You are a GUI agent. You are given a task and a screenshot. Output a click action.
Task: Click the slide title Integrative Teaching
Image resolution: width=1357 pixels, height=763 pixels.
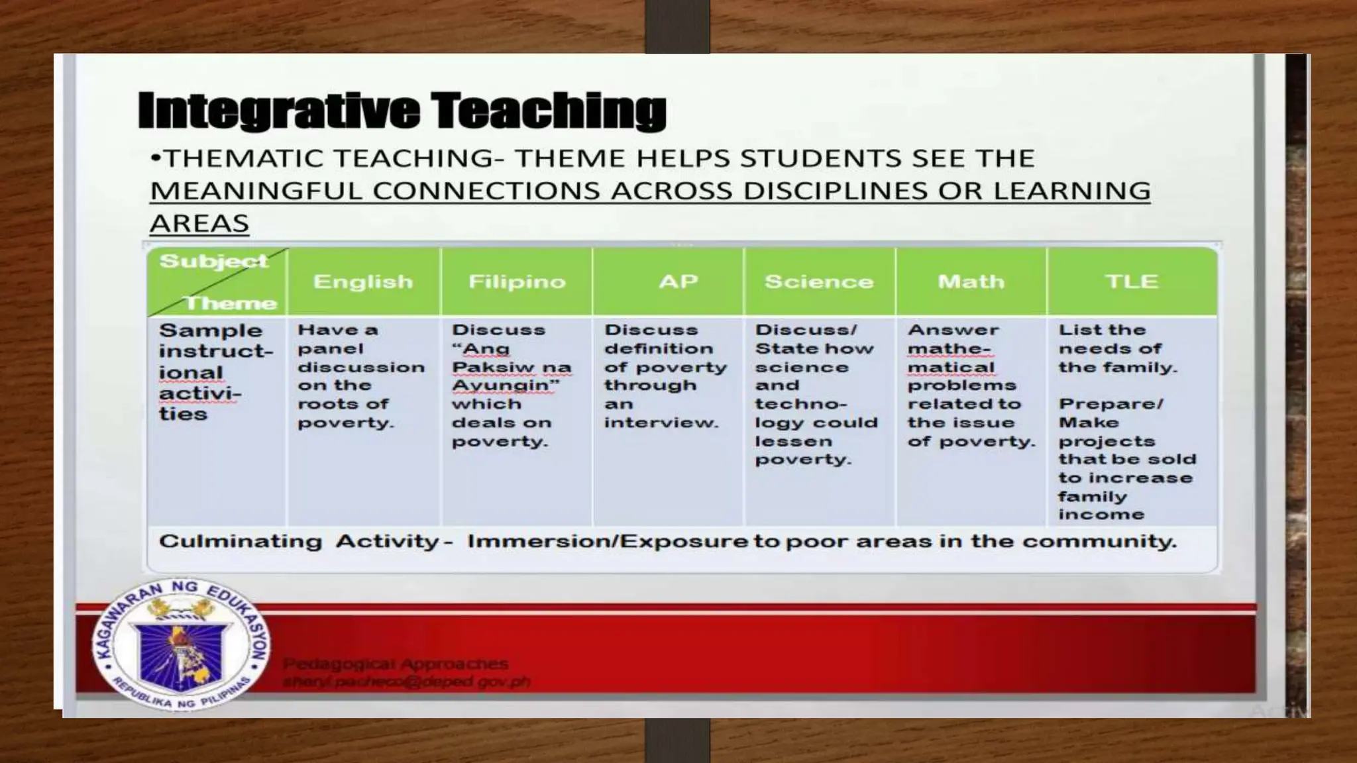pos(402,111)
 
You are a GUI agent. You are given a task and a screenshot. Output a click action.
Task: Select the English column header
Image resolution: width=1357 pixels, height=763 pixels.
pos(363,282)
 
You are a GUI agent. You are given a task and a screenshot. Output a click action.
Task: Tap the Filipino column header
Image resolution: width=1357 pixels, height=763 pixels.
pos(517,282)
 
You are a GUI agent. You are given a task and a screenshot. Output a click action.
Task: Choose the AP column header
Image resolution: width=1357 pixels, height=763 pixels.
pos(678,282)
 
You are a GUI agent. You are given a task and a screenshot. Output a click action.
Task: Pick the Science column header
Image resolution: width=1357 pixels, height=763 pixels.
pos(819,282)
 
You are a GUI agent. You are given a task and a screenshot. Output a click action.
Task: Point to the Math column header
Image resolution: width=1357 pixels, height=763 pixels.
pos(971,282)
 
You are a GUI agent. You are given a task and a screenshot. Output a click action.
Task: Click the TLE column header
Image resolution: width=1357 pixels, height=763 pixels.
pos(1132,282)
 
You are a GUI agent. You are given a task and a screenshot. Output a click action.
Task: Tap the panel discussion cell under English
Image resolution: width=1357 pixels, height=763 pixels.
pos(360,376)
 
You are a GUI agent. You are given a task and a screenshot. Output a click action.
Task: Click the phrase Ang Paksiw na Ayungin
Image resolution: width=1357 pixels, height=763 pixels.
pos(511,367)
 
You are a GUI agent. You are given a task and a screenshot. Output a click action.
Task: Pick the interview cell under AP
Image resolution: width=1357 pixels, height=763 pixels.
pos(665,376)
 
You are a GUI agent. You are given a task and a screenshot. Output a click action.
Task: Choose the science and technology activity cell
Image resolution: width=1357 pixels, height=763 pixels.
pos(816,395)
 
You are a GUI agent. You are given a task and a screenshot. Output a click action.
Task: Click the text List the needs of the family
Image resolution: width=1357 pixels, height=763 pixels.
pos(1117,348)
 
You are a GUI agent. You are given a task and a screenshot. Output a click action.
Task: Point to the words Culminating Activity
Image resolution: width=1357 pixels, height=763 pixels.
pos(299,542)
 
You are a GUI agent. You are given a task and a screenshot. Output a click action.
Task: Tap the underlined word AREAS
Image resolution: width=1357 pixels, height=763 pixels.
pos(199,224)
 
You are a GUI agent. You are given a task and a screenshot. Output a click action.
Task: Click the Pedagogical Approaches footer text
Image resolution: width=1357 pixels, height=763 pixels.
pos(396,664)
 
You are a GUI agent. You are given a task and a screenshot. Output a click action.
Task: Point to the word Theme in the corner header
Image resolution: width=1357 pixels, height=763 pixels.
pos(230,303)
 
